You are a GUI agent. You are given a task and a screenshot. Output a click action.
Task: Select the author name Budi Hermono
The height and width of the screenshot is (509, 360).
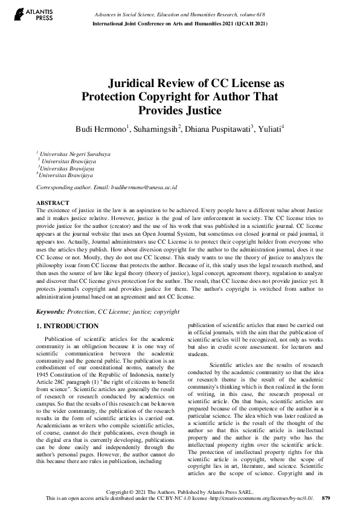tap(100, 129)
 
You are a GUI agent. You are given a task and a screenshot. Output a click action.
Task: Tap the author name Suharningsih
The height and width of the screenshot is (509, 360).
tap(156, 129)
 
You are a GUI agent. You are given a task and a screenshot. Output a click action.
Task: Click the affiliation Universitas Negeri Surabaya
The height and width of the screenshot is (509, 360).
tap(75, 154)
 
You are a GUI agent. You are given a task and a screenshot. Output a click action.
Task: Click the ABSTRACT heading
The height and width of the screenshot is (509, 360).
tap(53, 203)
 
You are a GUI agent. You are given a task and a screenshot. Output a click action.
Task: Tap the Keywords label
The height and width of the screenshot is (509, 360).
tap(51, 311)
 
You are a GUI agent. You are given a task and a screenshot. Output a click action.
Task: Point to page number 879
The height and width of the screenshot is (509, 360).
tap(326, 499)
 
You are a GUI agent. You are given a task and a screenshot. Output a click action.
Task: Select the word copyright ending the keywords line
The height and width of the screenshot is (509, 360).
tap(166, 311)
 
